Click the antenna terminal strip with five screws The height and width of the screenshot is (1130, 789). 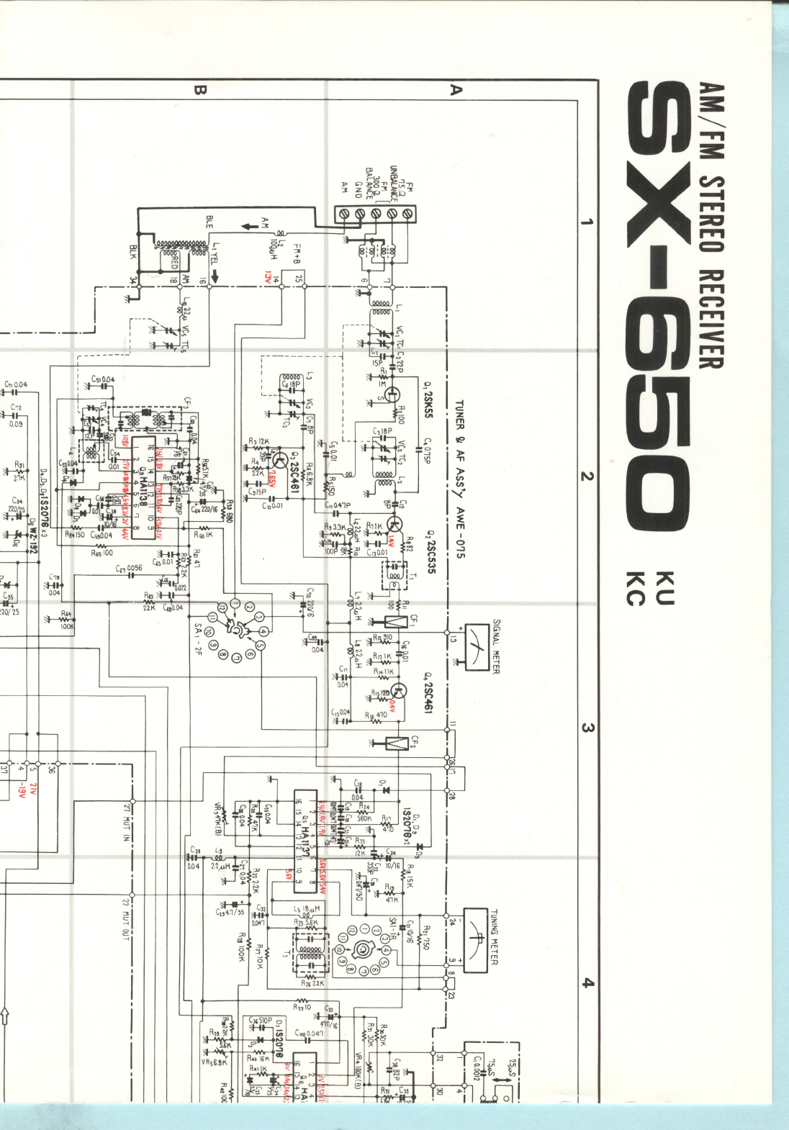374,214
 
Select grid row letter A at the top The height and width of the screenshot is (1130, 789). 454,89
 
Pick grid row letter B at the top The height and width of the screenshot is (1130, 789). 199,89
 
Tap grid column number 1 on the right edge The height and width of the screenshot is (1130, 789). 587,221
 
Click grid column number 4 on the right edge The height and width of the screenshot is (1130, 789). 587,982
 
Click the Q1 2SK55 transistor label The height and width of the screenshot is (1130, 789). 428,400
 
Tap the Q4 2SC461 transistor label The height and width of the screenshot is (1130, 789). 427,692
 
